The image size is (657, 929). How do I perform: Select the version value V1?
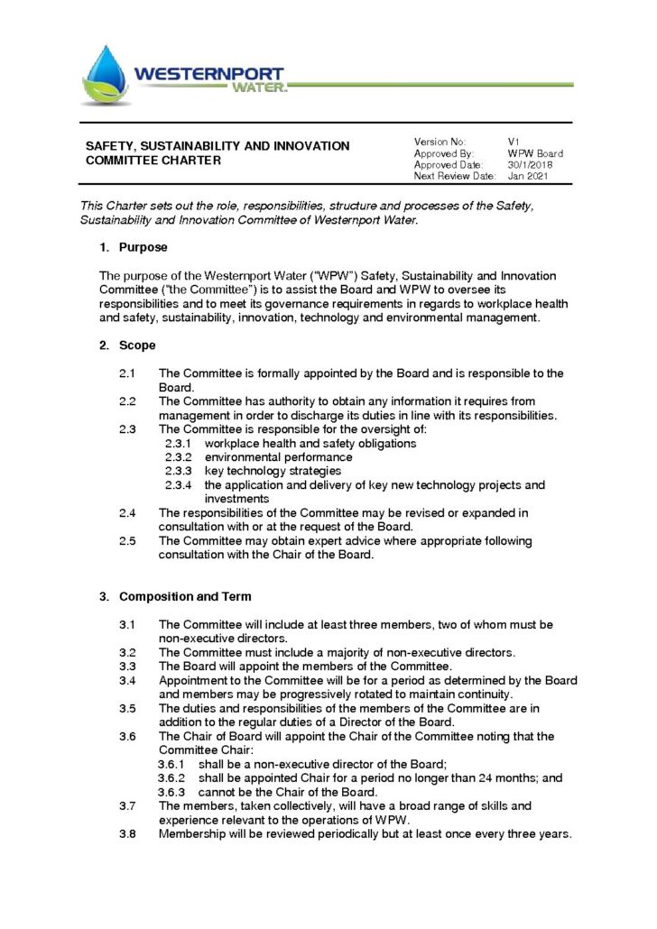tap(513, 142)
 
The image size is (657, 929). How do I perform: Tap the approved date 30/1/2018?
tap(530, 165)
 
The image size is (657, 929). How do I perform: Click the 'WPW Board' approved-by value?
tap(535, 153)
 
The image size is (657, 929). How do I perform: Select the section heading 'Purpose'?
tap(143, 247)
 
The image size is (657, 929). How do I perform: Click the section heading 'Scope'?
tap(137, 345)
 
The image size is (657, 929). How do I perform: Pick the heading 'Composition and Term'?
tap(185, 596)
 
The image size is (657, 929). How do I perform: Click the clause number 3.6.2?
tap(171, 777)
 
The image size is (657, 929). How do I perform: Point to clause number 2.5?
tap(127, 541)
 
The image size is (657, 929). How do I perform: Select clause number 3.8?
tap(127, 833)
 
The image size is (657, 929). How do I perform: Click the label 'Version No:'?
tap(440, 142)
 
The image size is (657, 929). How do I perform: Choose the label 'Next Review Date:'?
tap(455, 177)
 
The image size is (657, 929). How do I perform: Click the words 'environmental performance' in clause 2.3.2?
tap(265, 457)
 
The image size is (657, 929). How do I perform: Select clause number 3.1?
tap(127, 624)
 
